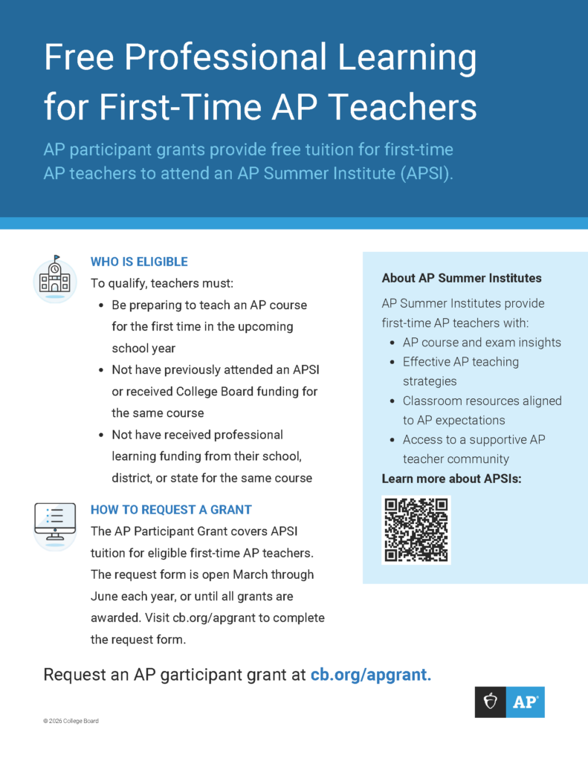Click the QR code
[x=416, y=530]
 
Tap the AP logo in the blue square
[x=525, y=702]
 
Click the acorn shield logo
[x=491, y=702]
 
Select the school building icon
[x=55, y=279]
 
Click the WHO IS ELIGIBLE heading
[x=139, y=262]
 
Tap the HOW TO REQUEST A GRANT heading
[x=171, y=510]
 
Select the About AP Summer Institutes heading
[x=462, y=278]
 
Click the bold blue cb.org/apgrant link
[x=371, y=675]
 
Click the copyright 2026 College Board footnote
[x=71, y=721]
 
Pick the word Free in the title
[x=80, y=58]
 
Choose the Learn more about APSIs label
[x=451, y=479]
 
